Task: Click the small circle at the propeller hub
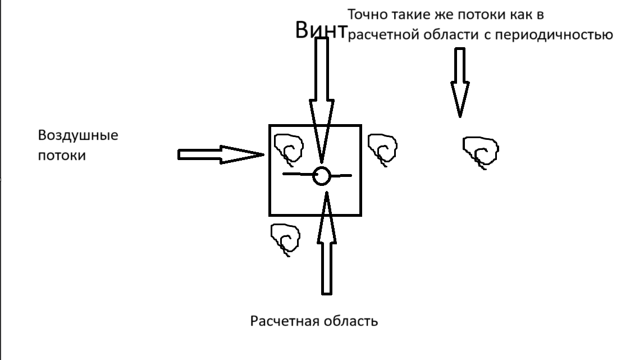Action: [x=322, y=176]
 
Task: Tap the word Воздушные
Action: [x=78, y=136]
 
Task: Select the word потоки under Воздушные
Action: [x=62, y=156]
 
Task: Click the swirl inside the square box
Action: [x=289, y=149]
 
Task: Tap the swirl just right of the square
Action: [x=383, y=149]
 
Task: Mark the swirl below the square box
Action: [x=285, y=239]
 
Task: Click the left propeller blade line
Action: [x=298, y=175]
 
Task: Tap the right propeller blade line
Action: [x=341, y=176]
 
